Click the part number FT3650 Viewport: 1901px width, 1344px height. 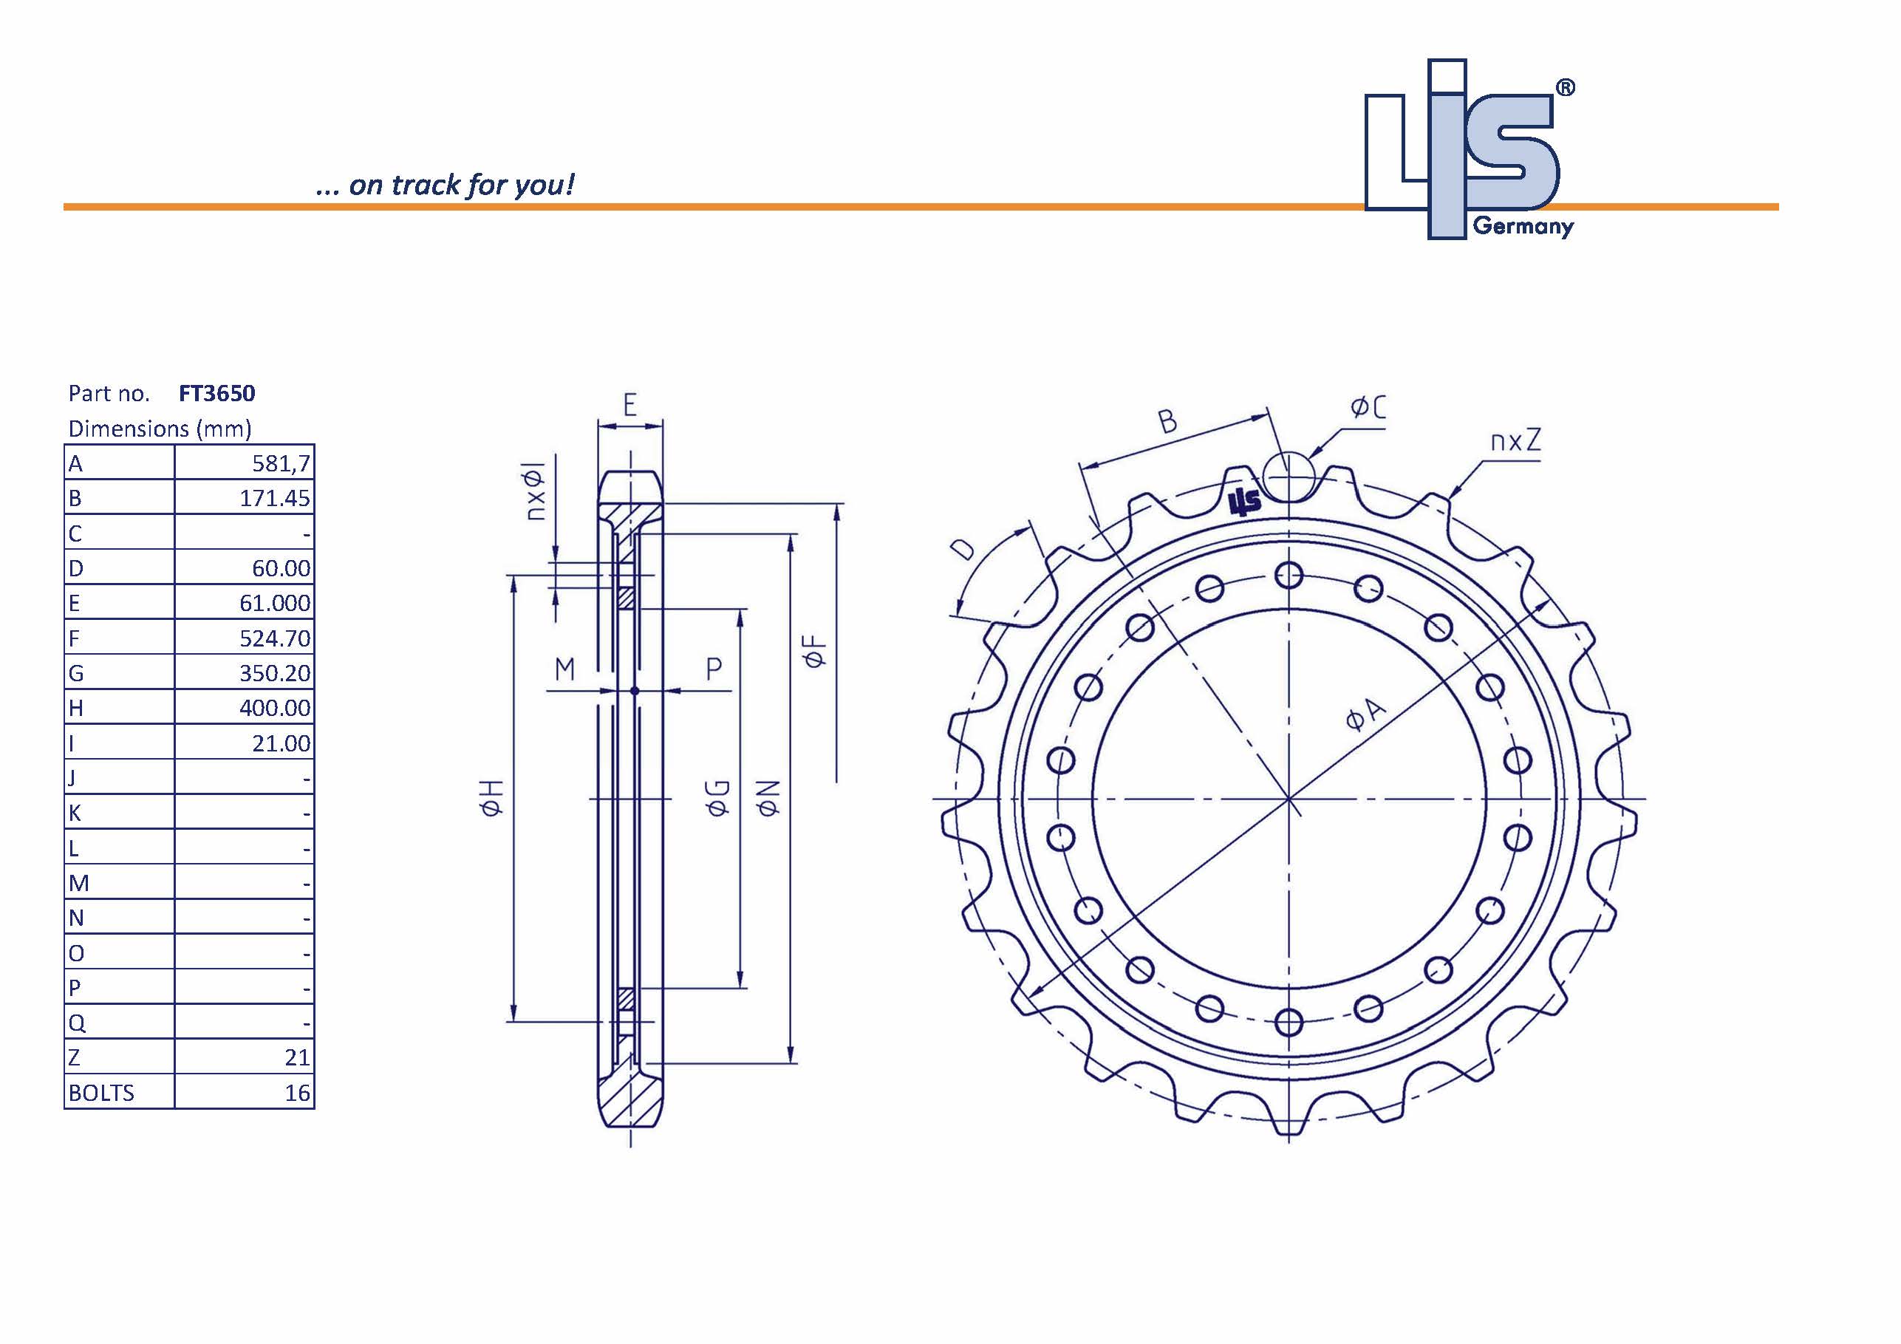[x=217, y=393]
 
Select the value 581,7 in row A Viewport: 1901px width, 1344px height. [x=281, y=464]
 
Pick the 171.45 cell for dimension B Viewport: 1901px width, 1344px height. [x=274, y=499]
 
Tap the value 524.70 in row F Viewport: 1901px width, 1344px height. [x=274, y=638]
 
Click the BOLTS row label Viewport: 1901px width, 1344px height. [x=101, y=1093]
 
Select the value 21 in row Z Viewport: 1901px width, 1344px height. [x=296, y=1057]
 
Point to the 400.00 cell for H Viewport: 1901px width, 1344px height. [x=274, y=708]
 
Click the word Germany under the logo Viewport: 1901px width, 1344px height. [x=1523, y=226]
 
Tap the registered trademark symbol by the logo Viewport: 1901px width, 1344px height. [x=1565, y=88]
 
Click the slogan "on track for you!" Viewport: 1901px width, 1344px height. [x=460, y=185]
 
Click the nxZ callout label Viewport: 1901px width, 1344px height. [x=1515, y=440]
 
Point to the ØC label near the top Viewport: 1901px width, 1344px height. [x=1368, y=407]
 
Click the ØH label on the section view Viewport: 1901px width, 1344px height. [x=491, y=797]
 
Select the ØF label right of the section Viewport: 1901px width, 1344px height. [x=815, y=651]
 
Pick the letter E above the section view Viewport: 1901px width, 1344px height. [x=629, y=405]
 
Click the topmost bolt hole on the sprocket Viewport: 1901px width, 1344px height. [x=1289, y=575]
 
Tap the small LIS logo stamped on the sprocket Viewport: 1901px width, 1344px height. [x=1244, y=501]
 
